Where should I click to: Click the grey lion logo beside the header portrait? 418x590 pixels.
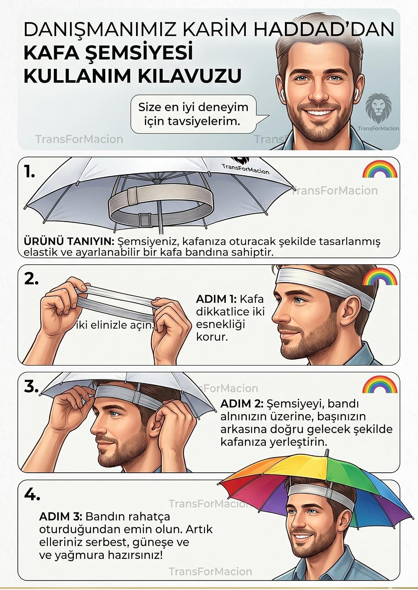(x=378, y=108)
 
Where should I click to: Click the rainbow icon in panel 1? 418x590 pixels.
(x=380, y=170)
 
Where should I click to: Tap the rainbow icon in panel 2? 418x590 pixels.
(x=380, y=277)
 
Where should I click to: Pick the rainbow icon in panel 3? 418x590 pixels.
(x=380, y=385)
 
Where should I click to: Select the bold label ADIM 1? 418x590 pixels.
(x=216, y=299)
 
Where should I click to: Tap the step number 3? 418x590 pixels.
(x=31, y=387)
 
